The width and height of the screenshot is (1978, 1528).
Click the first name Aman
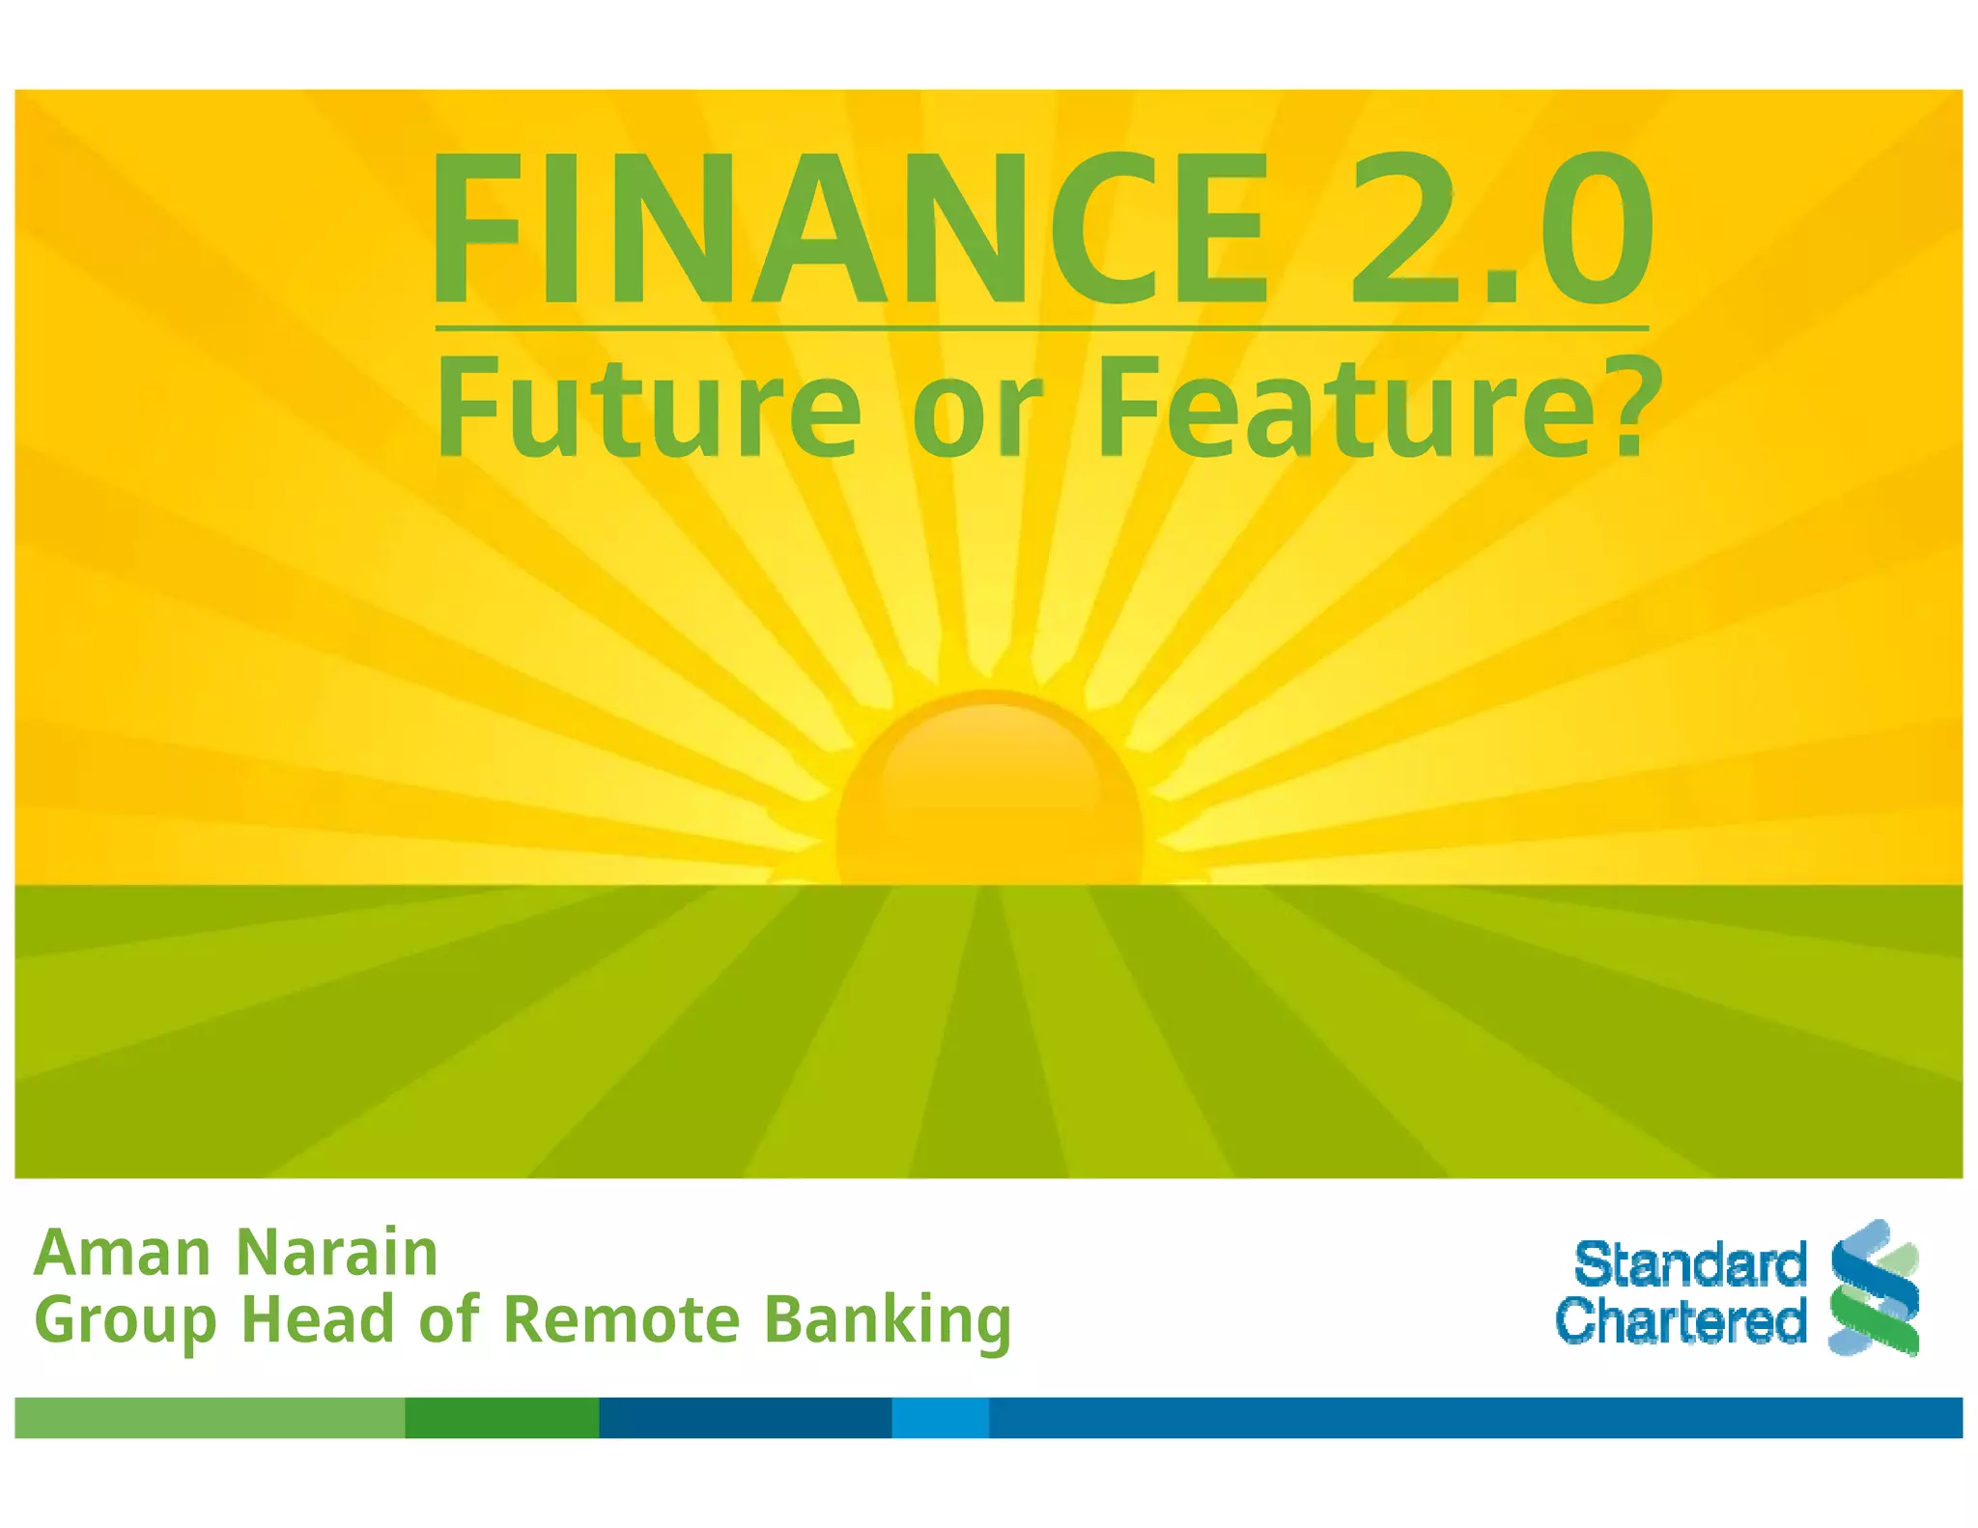pyautogui.click(x=123, y=1253)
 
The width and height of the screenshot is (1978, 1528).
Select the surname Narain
pyautogui.click(x=337, y=1253)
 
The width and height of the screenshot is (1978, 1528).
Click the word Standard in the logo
pyautogui.click(x=1689, y=1264)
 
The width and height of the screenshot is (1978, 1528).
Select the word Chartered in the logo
pyautogui.click(x=1681, y=1320)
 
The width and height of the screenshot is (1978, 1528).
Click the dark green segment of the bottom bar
pyautogui.click(x=501, y=1417)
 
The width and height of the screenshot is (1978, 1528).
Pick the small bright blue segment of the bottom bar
pyautogui.click(x=940, y=1417)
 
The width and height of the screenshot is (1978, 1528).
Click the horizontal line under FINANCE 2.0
pyautogui.click(x=1041, y=328)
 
